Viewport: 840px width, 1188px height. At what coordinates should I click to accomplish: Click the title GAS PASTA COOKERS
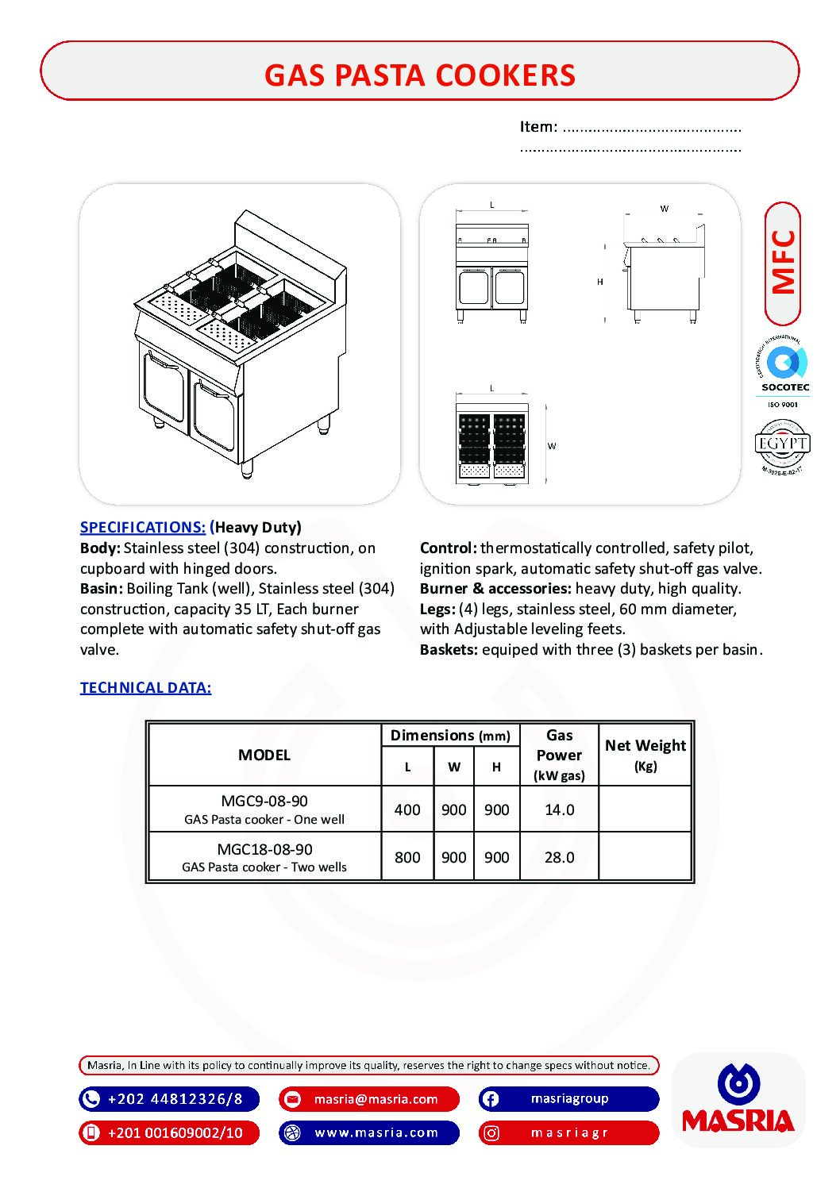coord(419,75)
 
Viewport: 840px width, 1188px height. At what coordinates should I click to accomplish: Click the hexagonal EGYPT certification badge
coord(782,444)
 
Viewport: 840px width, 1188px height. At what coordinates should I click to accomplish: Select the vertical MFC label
coord(783,263)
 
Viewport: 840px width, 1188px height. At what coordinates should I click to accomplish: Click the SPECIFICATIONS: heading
coord(143,527)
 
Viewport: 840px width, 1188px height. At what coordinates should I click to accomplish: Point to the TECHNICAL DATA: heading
coord(145,687)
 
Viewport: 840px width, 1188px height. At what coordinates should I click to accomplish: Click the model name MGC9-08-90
coord(264,801)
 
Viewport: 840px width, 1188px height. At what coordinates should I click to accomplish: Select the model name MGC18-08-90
coord(264,848)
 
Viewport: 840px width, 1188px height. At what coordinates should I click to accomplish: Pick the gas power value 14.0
coord(559,809)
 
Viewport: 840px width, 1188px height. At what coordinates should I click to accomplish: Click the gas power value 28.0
coord(559,857)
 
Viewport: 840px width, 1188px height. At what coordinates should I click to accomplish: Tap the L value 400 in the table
coord(407,809)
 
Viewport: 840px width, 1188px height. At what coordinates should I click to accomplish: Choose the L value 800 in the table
coord(407,857)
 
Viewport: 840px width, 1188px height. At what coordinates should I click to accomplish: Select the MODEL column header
coord(264,755)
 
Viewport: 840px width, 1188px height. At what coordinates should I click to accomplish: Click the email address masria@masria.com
coord(376,1099)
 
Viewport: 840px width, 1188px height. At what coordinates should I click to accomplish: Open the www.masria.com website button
coord(376,1132)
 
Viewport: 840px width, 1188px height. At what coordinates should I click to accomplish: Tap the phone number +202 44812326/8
coord(175,1099)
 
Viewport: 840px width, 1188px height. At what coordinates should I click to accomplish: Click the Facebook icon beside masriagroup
coord(491,1099)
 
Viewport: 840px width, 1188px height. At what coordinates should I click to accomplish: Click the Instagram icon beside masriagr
coord(491,1132)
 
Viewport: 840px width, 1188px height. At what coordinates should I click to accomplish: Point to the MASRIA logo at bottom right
coord(738,1100)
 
